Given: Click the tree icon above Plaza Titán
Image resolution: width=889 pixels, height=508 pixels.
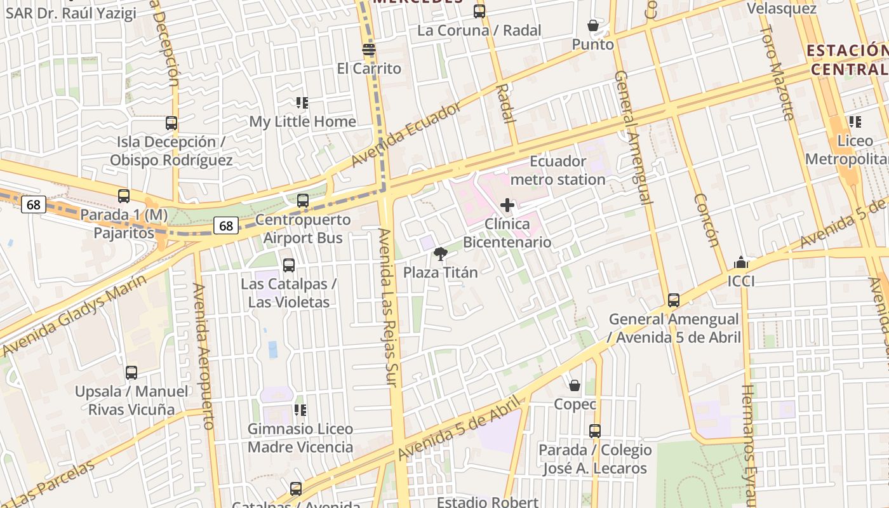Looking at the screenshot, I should tap(440, 255).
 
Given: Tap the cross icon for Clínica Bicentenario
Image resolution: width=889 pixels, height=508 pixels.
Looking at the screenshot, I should tap(507, 205).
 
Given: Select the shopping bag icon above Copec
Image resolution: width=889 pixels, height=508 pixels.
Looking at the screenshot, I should tap(575, 385).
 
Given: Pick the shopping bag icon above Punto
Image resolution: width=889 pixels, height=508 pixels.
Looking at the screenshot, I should tap(592, 25).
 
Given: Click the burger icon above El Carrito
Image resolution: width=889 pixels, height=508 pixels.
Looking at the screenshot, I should tap(369, 50).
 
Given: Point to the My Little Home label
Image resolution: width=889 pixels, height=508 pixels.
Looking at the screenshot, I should tap(302, 121).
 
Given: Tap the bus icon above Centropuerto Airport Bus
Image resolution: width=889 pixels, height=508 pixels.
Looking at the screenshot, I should tap(303, 201).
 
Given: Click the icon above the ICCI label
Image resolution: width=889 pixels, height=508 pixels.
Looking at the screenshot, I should tap(740, 262).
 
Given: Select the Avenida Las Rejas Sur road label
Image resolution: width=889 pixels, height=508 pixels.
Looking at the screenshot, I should tap(386, 307).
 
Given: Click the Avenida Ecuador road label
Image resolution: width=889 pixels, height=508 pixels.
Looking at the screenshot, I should tap(406, 135).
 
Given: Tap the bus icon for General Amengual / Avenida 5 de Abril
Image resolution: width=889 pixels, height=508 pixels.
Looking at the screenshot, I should tap(674, 300).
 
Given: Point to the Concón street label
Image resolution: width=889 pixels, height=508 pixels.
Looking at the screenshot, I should tap(705, 220).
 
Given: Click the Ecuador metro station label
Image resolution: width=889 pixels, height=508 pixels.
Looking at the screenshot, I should tap(558, 170).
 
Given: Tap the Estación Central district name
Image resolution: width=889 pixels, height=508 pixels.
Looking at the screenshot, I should tap(847, 60).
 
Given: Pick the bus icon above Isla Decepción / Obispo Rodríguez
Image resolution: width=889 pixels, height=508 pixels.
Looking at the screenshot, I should tap(171, 123).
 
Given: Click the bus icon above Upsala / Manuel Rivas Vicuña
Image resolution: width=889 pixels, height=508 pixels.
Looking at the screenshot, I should tap(131, 373).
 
